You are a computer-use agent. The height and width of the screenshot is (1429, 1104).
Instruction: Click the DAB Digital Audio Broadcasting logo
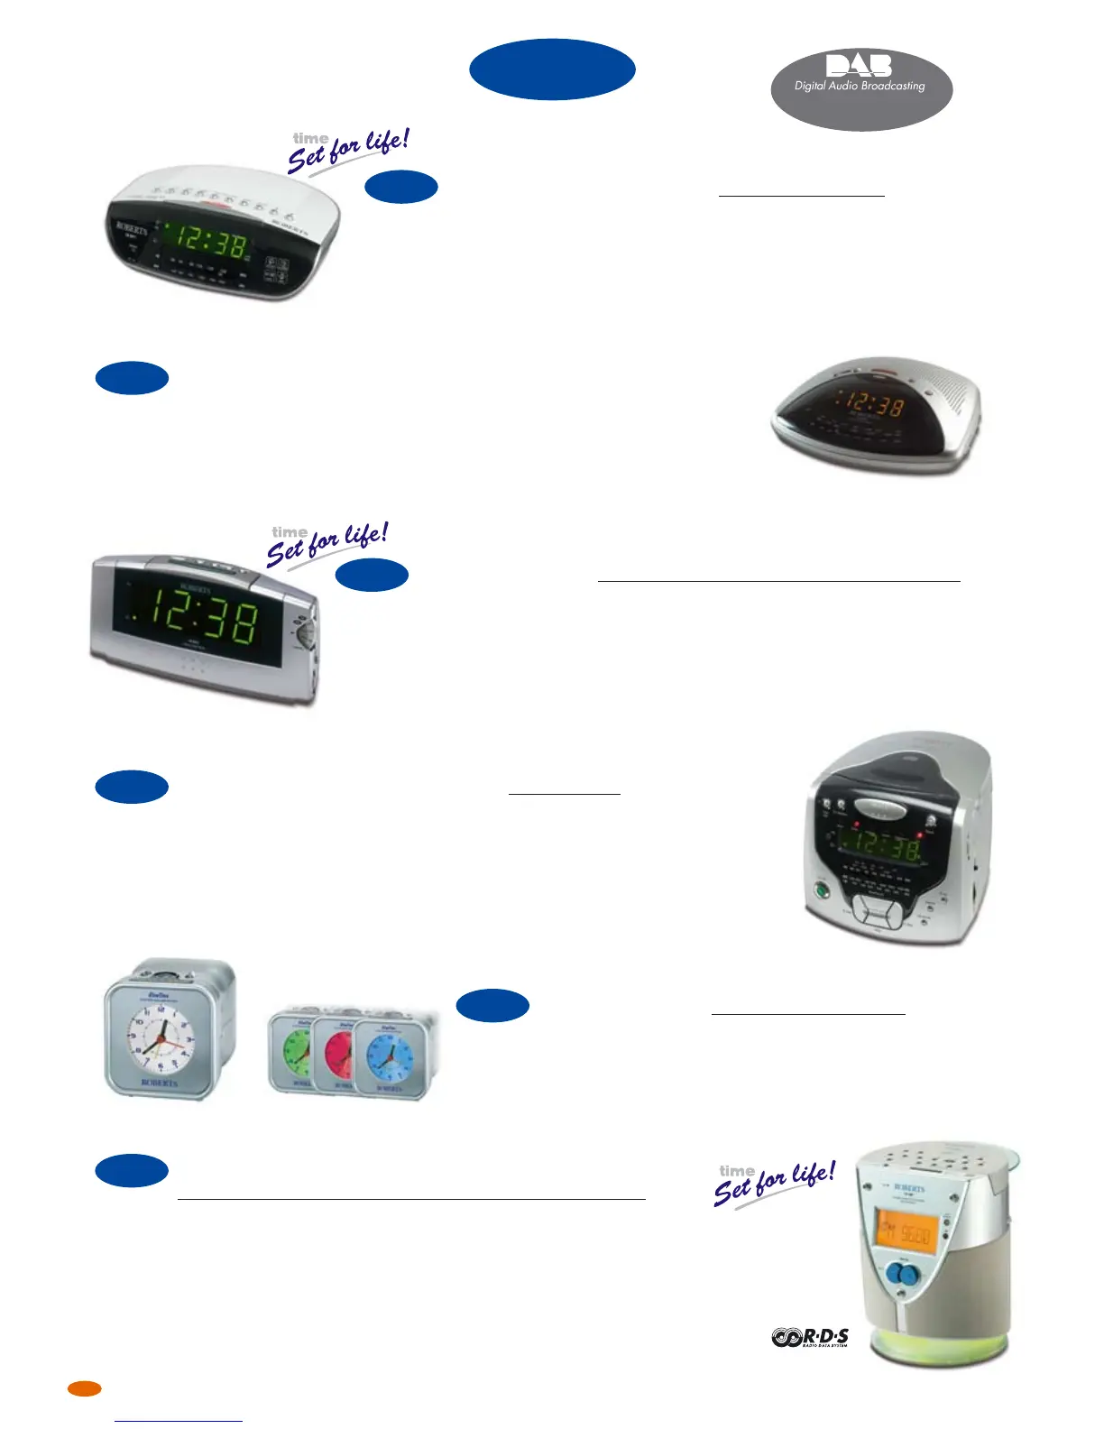pos(861,88)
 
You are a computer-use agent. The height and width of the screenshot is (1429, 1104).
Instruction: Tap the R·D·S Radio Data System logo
pos(810,1337)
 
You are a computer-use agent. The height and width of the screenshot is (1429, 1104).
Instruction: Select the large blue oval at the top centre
pos(552,69)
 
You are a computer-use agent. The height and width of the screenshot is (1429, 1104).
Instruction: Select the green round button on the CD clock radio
pos(822,890)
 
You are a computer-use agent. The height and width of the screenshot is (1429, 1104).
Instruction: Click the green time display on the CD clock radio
pos(879,846)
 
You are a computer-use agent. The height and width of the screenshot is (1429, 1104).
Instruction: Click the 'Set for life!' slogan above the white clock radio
pos(348,150)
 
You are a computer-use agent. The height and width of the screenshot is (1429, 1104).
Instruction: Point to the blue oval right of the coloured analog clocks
pos(492,1006)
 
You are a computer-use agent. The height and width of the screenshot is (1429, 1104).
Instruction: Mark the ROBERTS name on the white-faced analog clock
pos(160,1082)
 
